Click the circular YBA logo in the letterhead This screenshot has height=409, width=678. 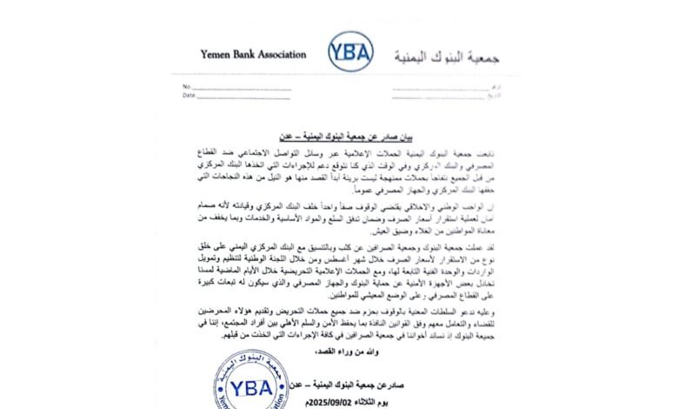coord(351,52)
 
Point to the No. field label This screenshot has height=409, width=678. coord(186,87)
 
